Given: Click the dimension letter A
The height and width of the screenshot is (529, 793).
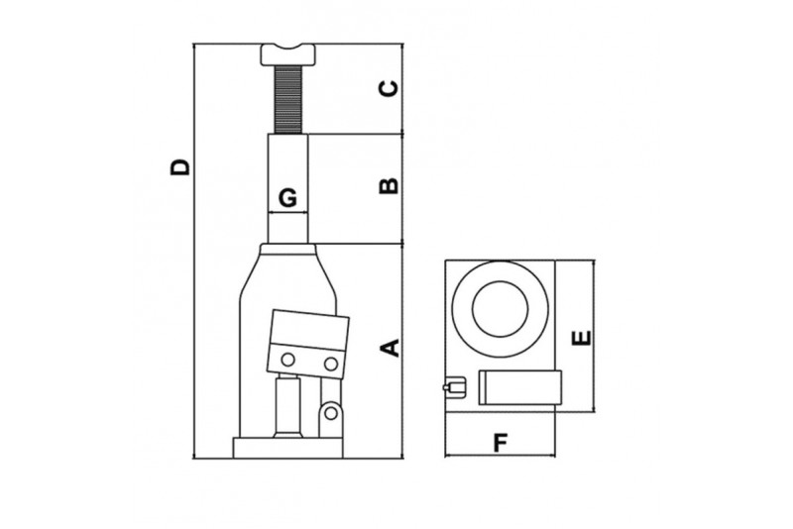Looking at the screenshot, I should (x=391, y=348).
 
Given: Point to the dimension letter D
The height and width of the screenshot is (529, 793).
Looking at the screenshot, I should (x=178, y=166).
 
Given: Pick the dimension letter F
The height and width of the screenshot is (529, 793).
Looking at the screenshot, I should (x=501, y=442).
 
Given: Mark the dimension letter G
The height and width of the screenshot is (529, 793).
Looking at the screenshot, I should (x=287, y=198).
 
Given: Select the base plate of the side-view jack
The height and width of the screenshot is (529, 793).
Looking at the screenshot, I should (x=287, y=448).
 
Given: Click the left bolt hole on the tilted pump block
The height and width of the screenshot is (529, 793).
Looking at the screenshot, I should (x=287, y=359).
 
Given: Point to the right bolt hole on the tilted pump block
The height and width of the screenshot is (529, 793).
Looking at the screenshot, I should (x=331, y=365).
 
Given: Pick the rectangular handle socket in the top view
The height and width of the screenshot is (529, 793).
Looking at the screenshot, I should (x=520, y=387).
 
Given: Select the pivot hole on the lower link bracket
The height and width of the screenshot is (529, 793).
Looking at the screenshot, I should (x=329, y=411).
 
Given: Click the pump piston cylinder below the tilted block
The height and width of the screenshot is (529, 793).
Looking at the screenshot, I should (x=288, y=406).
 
